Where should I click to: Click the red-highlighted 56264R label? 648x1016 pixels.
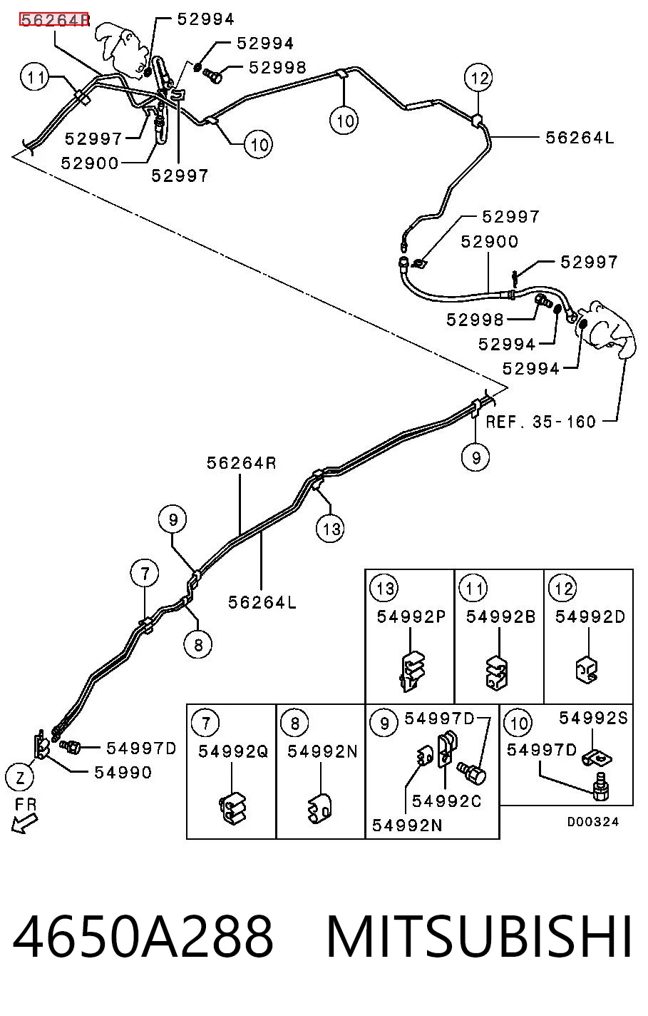[54, 20]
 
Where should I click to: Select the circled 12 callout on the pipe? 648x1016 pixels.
[478, 78]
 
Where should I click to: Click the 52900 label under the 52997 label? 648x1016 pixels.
[490, 241]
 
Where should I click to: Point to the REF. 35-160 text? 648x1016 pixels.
[540, 422]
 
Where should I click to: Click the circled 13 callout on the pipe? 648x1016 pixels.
[330, 529]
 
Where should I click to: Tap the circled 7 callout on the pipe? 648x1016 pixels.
[145, 574]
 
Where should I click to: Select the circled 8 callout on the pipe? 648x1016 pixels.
[198, 644]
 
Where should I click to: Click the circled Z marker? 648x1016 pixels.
[19, 778]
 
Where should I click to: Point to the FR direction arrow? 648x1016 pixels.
[24, 823]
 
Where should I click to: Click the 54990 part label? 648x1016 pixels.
[123, 772]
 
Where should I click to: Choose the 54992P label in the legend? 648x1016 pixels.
[411, 616]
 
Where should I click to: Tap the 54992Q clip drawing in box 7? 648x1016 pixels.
[232, 809]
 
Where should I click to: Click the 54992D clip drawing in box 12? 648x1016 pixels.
[587, 669]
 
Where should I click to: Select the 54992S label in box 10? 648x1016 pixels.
[593, 718]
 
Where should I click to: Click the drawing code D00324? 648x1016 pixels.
[592, 821]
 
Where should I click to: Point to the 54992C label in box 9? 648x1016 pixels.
[446, 801]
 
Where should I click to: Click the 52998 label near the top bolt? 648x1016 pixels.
[278, 68]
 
